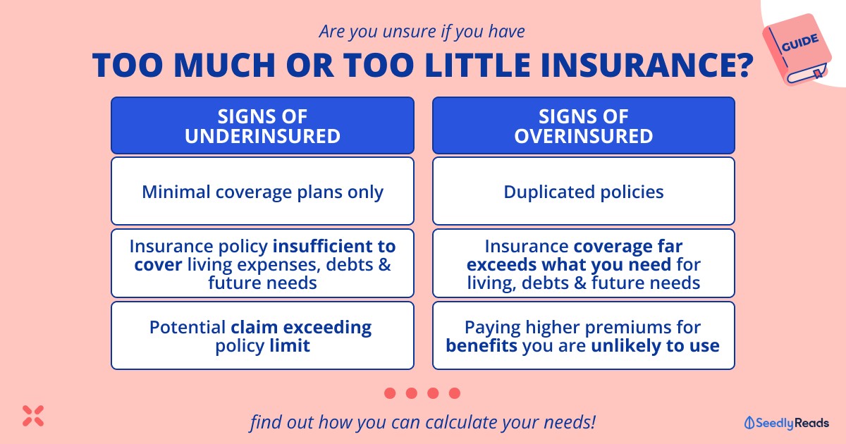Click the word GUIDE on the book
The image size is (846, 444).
(x=800, y=42)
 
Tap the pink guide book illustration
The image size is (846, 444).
(x=797, y=49)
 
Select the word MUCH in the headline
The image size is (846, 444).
(x=224, y=66)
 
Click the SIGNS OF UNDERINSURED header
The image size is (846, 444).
(x=262, y=125)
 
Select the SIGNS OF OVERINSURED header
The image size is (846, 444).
(x=584, y=125)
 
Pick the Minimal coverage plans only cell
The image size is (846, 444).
(x=262, y=191)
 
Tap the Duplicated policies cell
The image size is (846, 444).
(x=584, y=191)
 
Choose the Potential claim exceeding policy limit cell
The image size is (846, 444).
(x=262, y=335)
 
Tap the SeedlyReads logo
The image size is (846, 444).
(x=786, y=422)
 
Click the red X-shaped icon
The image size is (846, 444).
(x=33, y=416)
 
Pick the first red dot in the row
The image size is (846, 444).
(x=390, y=393)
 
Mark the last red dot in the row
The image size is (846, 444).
(x=455, y=393)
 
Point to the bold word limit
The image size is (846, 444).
(x=290, y=345)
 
